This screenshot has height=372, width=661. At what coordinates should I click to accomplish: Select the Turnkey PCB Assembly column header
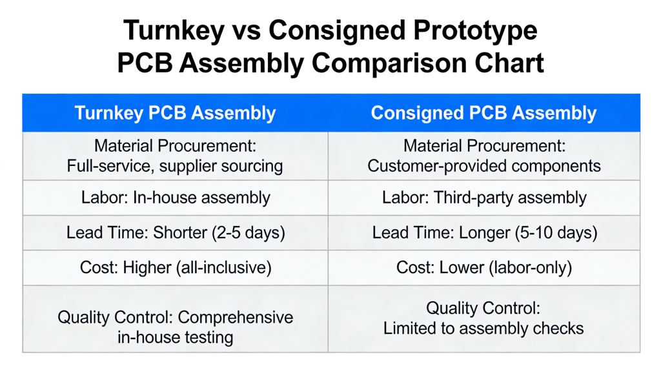pos(175,113)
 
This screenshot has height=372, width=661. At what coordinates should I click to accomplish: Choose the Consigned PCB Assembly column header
pos(483,113)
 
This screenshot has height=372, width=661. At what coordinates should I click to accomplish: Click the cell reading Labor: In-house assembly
pos(175,198)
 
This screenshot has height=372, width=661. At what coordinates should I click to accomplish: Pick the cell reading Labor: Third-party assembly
pos(483,198)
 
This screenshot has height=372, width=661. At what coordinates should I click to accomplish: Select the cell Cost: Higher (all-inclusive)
pos(175,267)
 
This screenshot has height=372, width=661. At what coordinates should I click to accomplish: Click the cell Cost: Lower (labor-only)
pos(483,267)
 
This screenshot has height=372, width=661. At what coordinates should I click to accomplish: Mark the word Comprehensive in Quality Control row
pos(235,318)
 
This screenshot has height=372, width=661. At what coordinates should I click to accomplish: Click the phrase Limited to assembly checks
pos(483,328)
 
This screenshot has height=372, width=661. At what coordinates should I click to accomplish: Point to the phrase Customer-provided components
pos(483,166)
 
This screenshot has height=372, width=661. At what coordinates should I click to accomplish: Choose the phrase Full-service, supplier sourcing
pos(175,166)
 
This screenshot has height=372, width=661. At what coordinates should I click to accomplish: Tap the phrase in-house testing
pos(175,337)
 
